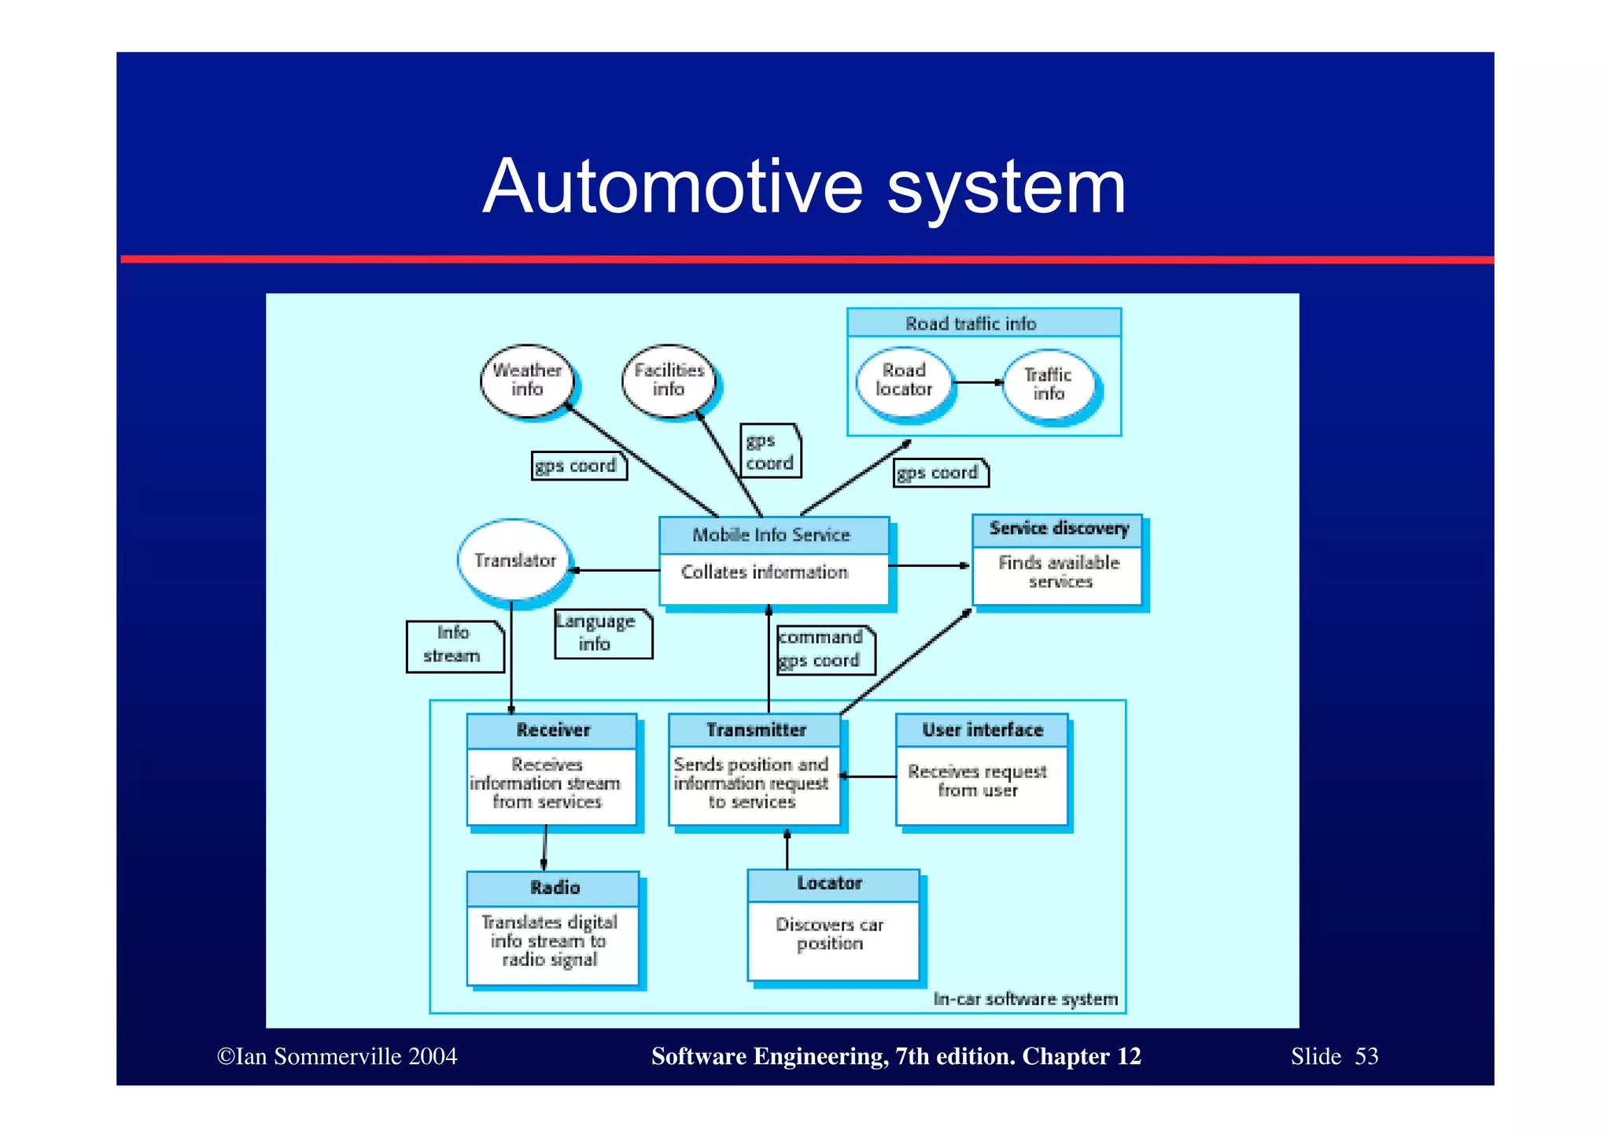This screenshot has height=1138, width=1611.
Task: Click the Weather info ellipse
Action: [526, 380]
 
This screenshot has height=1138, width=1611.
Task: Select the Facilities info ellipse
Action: [669, 380]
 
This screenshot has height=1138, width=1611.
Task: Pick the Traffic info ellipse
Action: [1049, 385]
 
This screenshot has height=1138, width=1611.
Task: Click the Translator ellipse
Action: [514, 560]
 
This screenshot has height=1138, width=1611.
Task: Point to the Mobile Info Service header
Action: [773, 535]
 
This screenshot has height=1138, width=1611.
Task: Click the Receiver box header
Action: [552, 731]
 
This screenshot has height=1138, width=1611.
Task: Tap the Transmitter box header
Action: [755, 731]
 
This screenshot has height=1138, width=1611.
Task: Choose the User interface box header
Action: [982, 731]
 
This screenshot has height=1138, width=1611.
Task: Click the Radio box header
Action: [554, 888]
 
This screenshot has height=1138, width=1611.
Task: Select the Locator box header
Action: [831, 884]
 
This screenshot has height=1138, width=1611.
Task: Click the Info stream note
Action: [454, 646]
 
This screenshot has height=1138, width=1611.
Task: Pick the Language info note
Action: [603, 633]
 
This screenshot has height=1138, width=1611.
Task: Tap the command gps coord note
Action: [824, 650]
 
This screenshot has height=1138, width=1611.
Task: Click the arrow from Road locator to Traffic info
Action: [978, 383]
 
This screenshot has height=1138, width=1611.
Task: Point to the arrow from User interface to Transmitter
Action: [868, 776]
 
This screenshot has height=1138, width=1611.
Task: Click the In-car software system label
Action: [1025, 1000]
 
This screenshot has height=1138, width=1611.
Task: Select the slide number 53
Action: [1366, 1056]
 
